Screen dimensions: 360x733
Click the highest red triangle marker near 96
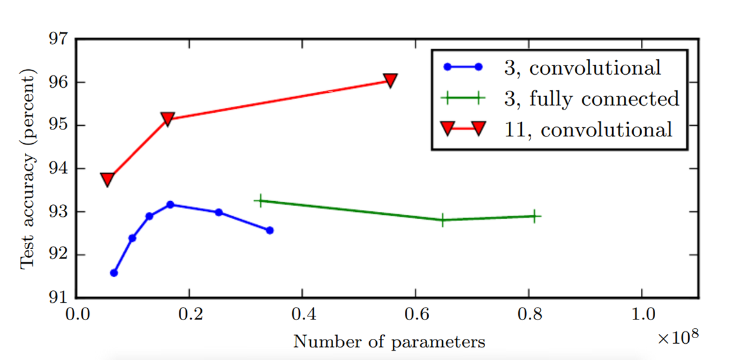point(390,80)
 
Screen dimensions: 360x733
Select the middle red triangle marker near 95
point(167,118)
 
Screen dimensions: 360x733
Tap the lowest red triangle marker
point(107,179)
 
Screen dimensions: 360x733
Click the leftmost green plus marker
point(260,201)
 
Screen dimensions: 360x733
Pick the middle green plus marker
point(442,220)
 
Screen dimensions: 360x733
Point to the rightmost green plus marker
point(534,216)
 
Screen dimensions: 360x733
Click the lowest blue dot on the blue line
point(114,273)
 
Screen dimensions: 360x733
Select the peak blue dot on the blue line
point(170,204)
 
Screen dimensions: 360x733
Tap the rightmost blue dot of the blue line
point(270,230)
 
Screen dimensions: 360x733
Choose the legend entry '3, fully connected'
point(591,98)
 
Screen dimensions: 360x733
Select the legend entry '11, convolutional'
point(588,130)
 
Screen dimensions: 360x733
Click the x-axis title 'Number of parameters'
point(389,341)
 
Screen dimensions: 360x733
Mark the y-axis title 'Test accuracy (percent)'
point(27,168)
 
